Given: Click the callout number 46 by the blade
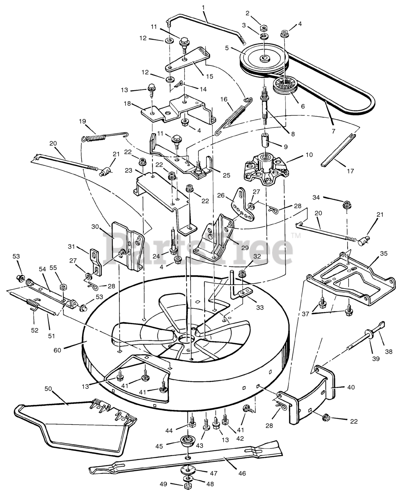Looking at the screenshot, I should point(242,474).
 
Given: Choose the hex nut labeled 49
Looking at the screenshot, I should point(187,486).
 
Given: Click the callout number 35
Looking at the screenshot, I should point(383,253).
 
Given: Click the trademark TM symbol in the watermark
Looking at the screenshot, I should point(296,235).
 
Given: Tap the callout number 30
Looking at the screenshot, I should point(94,226).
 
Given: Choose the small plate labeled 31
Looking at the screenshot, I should point(96,261).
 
